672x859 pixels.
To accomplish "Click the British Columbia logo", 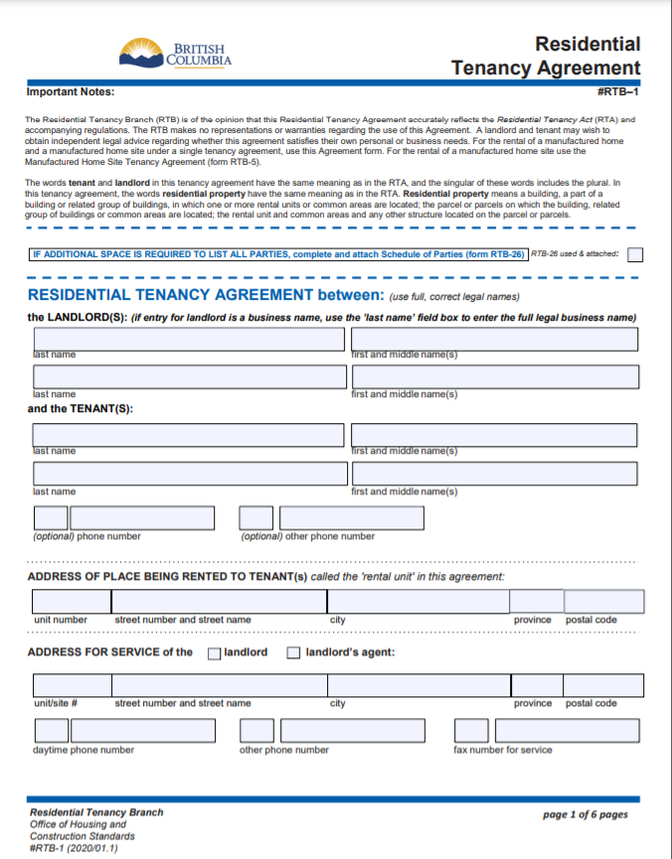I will click(175, 55).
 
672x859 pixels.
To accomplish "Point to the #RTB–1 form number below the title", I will click(618, 92).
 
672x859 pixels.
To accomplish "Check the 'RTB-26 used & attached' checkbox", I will click(635, 254).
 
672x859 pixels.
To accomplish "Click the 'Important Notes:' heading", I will click(71, 92).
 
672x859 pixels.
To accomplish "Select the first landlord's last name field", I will click(189, 339).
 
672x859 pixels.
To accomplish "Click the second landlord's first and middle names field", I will click(493, 376).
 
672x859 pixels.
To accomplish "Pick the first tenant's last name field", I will click(189, 435).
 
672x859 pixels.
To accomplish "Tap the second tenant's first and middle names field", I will click(493, 474).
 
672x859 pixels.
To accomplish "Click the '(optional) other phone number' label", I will click(308, 536).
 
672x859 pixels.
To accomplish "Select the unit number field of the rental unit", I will click(71, 602).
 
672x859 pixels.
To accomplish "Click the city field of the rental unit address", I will click(418, 602).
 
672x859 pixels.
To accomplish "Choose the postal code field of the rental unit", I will click(604, 602).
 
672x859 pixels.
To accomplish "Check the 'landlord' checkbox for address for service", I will click(214, 653).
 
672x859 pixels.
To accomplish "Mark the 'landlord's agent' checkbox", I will click(293, 653).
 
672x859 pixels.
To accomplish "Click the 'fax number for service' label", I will click(503, 750).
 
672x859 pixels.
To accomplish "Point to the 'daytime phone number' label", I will click(84, 750).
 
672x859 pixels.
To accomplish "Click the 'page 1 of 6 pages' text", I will click(586, 815).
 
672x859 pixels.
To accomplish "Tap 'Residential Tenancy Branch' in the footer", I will click(96, 812).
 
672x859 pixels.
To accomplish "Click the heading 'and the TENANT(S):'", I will click(81, 408).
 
